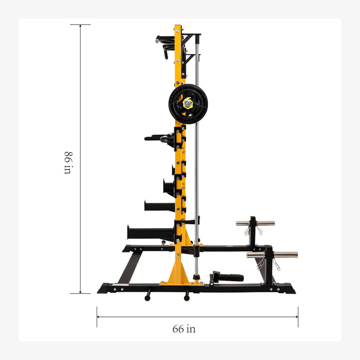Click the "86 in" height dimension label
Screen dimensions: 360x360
point(67,162)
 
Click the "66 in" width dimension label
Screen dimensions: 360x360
point(184,329)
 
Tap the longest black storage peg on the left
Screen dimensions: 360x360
point(150,233)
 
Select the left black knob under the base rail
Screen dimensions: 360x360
point(148,297)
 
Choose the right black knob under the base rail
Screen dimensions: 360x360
point(187,297)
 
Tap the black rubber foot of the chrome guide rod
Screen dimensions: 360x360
point(196,278)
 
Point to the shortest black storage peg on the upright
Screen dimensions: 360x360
point(174,169)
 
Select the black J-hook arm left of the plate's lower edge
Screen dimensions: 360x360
point(159,138)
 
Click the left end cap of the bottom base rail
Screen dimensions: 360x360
point(103,289)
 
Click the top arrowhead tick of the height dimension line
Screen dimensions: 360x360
point(80,25)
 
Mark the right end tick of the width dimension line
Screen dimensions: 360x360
point(298,317)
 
